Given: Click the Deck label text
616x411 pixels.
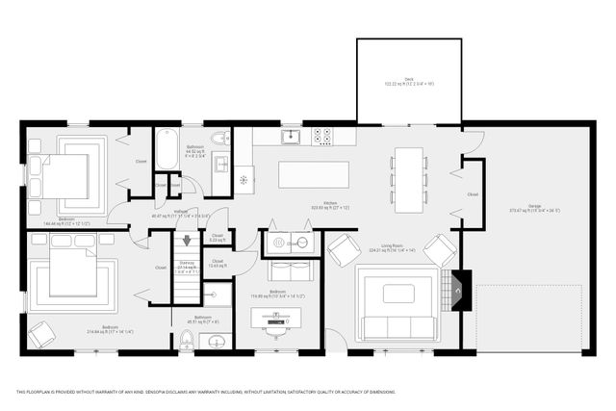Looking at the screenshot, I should (x=408, y=81).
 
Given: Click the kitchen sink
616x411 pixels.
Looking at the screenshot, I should (x=290, y=137).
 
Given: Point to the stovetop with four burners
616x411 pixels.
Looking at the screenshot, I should (x=322, y=137).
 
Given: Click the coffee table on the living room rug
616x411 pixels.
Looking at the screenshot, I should (x=398, y=294).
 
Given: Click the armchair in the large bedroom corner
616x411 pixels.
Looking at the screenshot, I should (x=40, y=334).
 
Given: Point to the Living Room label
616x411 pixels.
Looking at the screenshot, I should (x=397, y=246).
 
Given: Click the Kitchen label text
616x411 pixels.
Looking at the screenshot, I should (x=330, y=205).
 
